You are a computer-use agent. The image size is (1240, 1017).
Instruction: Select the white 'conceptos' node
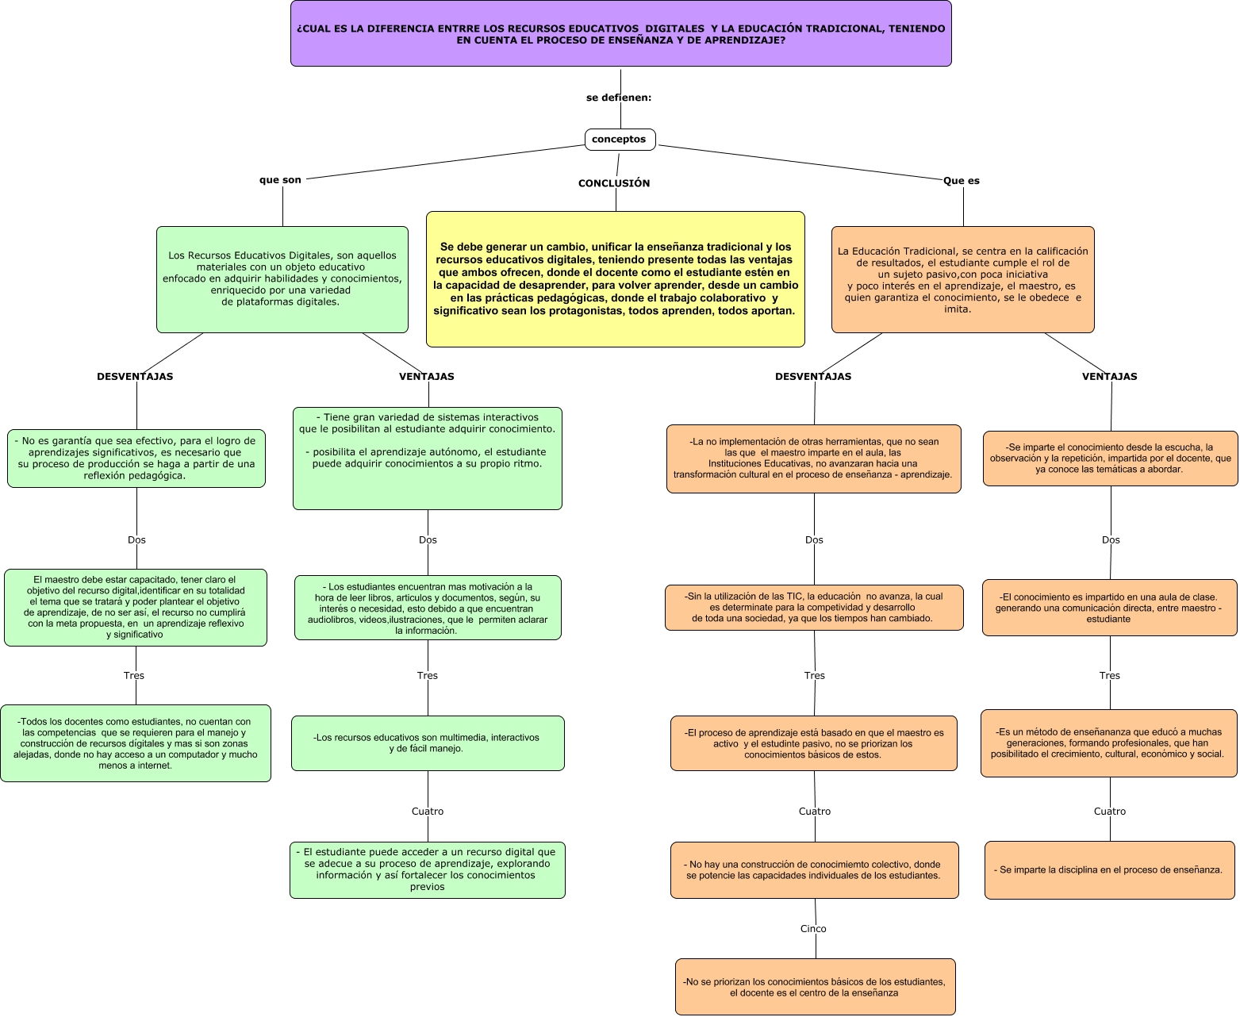620,140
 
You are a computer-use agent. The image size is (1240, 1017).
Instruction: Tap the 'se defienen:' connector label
619,98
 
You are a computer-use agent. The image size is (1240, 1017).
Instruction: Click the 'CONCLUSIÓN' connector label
614,183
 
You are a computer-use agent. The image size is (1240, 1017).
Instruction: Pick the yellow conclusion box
616,278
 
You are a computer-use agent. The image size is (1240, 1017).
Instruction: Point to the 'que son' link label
280,180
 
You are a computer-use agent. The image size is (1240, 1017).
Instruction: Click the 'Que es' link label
962,181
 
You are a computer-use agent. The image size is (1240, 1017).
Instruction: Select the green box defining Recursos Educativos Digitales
282,279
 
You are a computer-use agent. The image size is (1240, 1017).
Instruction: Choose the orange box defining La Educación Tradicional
962,279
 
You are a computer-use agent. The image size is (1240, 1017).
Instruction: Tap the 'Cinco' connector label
813,929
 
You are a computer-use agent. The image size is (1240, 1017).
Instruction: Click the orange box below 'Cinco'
815,987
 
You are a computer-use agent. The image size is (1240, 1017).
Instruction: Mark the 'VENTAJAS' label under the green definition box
427,377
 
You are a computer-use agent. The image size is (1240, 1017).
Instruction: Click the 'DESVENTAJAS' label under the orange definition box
813,377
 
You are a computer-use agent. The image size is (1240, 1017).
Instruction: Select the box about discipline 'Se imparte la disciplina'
1109,870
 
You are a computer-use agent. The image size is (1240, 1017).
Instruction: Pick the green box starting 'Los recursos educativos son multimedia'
428,743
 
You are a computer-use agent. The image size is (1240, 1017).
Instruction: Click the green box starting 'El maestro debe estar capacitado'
136,608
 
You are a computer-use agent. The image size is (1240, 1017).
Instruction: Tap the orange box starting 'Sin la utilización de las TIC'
814,608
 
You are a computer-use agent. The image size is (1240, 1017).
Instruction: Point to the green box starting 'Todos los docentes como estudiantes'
136,743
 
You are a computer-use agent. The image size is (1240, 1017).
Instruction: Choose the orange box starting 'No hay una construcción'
814,870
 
